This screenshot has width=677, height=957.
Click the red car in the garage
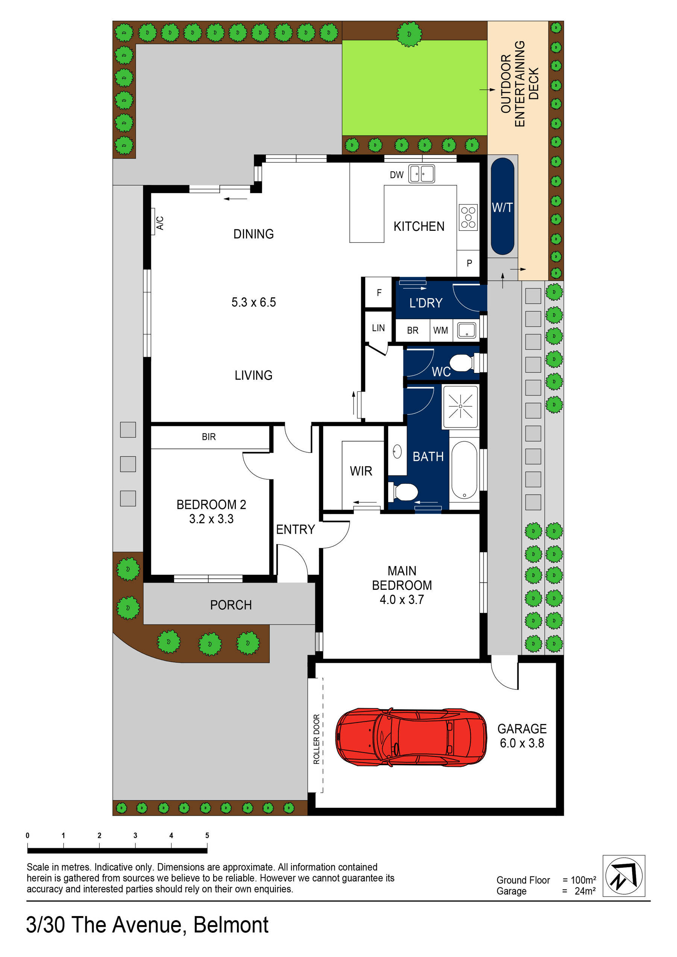(411, 737)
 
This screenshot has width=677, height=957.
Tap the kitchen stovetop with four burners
(468, 217)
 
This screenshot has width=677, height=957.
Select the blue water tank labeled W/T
(502, 206)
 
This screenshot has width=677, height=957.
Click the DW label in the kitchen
(397, 175)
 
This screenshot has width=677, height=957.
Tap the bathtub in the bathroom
(464, 469)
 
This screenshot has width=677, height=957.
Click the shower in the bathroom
(460, 406)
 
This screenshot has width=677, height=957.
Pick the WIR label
(361, 471)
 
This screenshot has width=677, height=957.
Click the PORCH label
(231, 605)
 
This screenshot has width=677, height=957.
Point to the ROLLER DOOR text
(316, 739)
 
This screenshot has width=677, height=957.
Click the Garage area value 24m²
(585, 891)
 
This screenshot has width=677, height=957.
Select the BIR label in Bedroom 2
(209, 437)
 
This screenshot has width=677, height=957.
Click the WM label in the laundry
(440, 330)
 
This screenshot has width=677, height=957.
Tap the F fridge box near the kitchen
(379, 292)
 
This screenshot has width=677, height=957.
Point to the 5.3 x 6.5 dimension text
(253, 302)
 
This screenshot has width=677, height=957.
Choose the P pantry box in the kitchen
(469, 263)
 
